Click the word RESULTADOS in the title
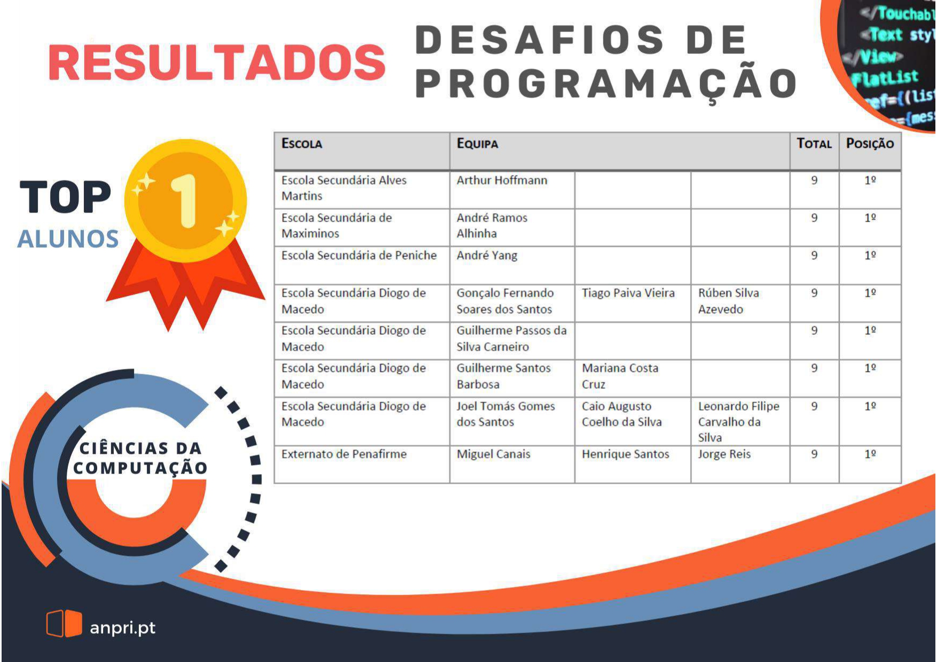click(x=217, y=62)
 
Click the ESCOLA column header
click(x=302, y=144)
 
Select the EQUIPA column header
click(x=477, y=144)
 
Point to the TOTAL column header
click(x=814, y=143)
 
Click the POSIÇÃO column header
click(x=870, y=143)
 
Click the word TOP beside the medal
click(x=66, y=198)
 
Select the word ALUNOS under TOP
click(x=68, y=239)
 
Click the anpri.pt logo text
click(x=123, y=628)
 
